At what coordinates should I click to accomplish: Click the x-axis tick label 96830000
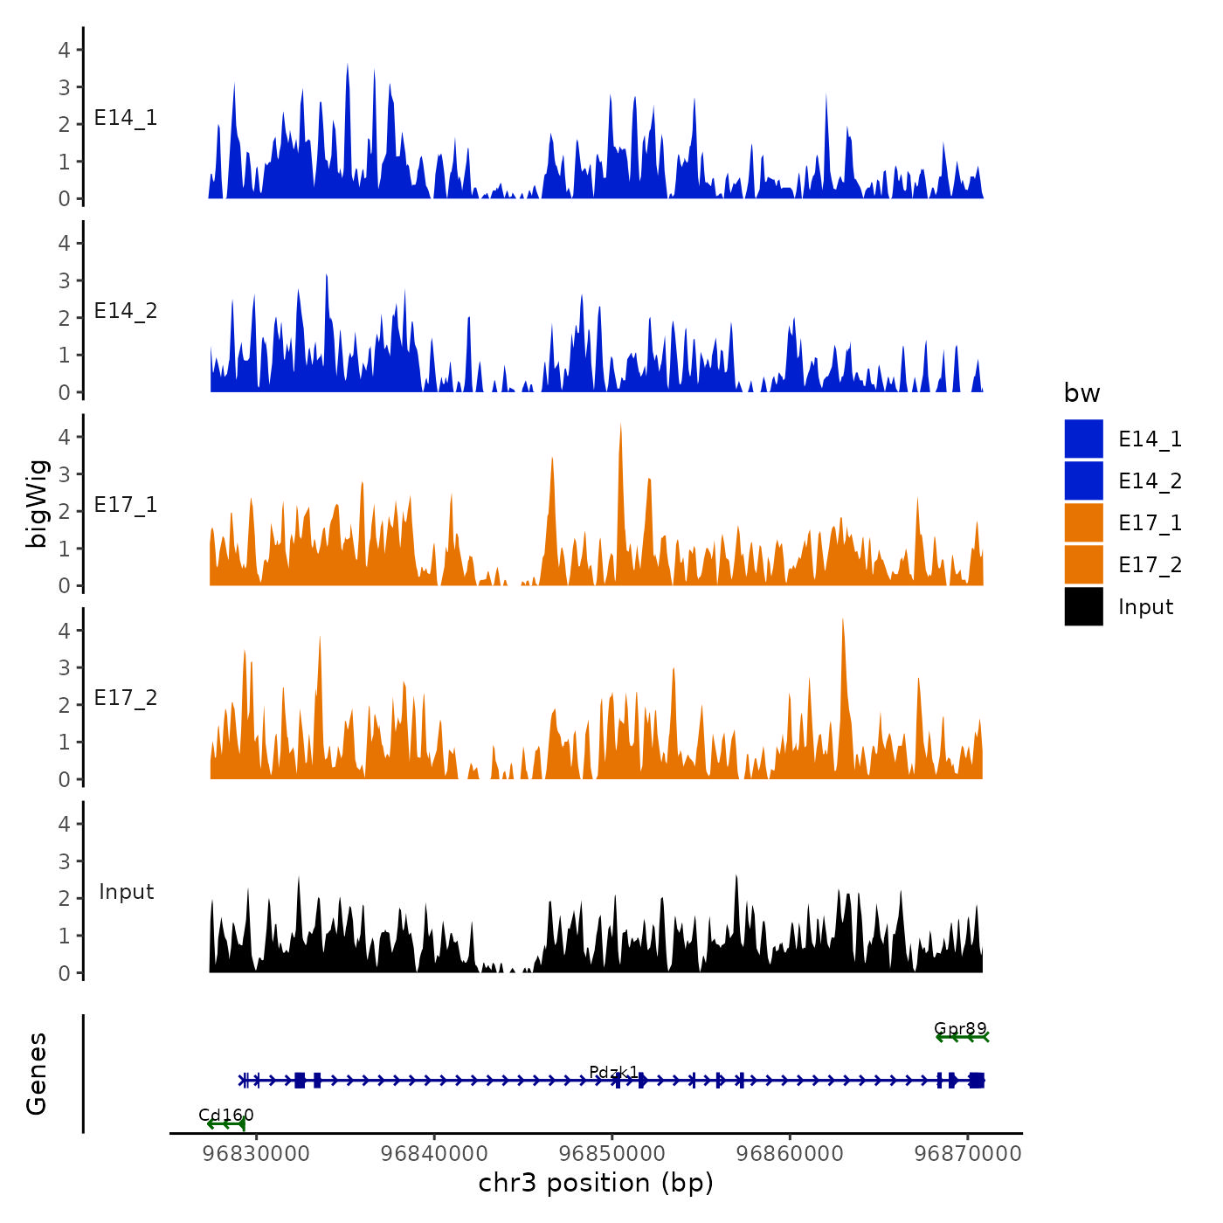coord(256,1154)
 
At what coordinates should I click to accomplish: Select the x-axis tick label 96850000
coord(612,1154)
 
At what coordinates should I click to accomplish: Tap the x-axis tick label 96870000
coord(967,1154)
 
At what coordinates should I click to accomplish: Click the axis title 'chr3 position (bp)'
coord(596,1184)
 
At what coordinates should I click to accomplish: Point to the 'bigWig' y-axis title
coord(37,504)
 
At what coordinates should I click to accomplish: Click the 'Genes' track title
coord(37,1074)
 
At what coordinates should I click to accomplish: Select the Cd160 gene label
coord(226,1115)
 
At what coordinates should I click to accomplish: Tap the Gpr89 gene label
coord(960,1028)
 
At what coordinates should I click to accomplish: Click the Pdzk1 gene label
coord(613,1072)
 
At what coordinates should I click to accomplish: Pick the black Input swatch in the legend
coord(1083,606)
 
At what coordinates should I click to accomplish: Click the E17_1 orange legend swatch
coord(1083,522)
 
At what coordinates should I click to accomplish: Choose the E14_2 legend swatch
coord(1083,480)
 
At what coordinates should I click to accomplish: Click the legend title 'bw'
coord(1081,394)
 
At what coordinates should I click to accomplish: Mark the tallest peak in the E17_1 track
coord(620,425)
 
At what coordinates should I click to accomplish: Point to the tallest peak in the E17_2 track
coord(842,620)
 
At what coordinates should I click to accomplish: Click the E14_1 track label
coord(126,118)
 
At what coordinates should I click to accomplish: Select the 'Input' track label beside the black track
coord(126,892)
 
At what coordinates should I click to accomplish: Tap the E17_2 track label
coord(126,698)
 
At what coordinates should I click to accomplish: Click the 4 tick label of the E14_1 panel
coord(65,50)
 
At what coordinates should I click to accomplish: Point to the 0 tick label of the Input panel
coord(65,973)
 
